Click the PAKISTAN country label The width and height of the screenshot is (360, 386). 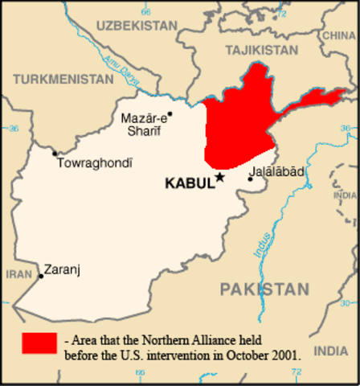point(264,289)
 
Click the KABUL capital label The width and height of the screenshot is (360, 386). point(189,183)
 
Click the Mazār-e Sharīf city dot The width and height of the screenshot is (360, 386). point(170,113)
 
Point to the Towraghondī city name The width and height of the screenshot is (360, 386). point(94,162)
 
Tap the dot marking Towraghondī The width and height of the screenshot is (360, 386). point(55,153)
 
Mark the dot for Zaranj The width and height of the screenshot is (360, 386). point(40,276)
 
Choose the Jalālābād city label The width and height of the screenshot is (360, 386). point(278,171)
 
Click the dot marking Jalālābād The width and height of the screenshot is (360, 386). point(250,179)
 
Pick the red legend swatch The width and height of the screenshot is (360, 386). point(39,343)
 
